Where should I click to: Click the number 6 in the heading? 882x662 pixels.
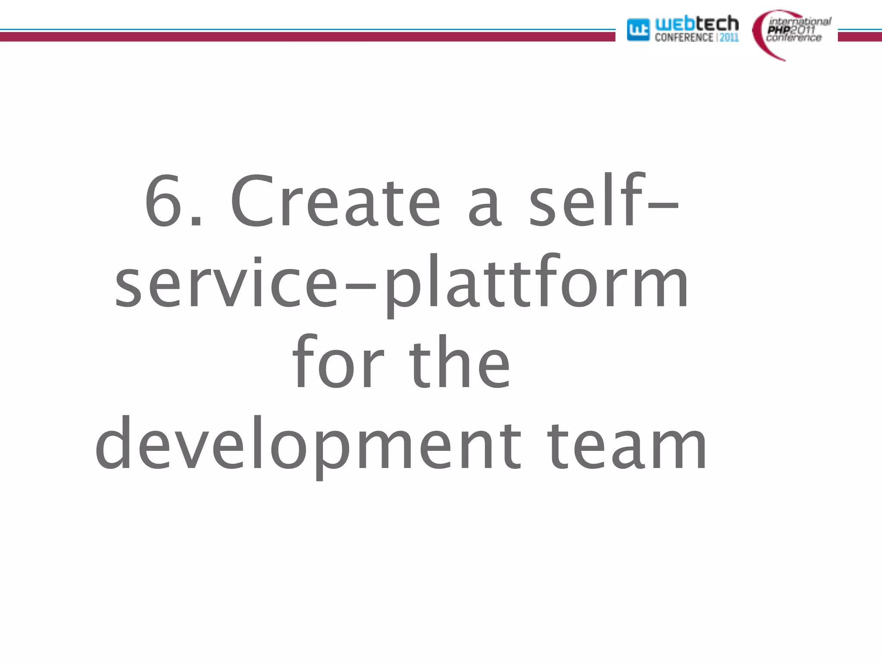tap(163, 200)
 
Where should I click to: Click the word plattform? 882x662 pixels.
tap(536, 284)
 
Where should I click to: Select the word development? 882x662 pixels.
tap(308, 444)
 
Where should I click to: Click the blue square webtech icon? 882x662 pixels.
tap(638, 30)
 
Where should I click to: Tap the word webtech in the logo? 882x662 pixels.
tap(696, 23)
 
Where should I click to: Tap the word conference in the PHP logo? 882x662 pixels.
tap(794, 38)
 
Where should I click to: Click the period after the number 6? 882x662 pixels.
tap(196, 222)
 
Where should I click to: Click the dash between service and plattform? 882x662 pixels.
tap(361, 285)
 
